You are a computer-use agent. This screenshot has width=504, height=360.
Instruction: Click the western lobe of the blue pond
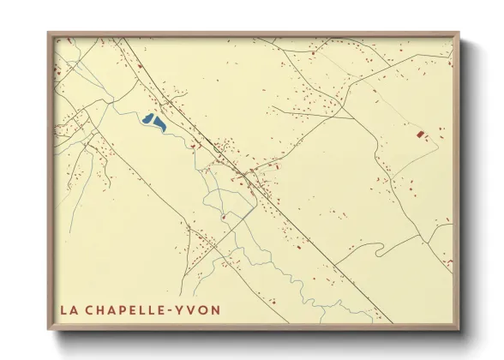click(x=148, y=119)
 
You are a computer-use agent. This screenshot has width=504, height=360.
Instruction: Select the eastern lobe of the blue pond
click(x=160, y=124)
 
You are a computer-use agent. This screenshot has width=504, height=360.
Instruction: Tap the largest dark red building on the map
click(x=419, y=135)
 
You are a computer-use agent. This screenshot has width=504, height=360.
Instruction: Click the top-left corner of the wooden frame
click(x=48, y=33)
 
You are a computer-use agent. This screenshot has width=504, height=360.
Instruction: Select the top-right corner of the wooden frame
click(x=459, y=33)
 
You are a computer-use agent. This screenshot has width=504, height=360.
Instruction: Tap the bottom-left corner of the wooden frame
click(x=48, y=331)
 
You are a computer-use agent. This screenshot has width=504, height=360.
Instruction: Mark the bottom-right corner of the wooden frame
click(x=459, y=331)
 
